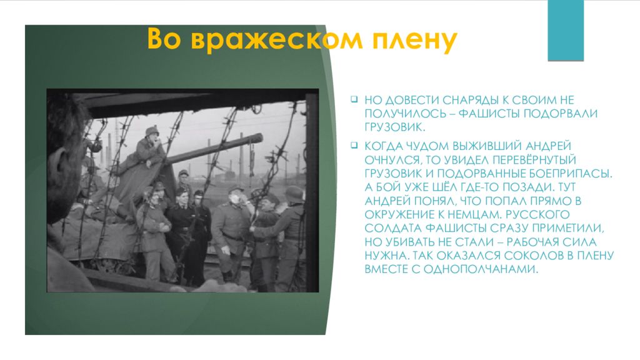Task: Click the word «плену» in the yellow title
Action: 416,40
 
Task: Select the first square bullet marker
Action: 353,99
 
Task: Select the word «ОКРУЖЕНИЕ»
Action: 396,214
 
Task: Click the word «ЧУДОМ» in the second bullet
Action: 425,146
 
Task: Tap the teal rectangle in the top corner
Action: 565,30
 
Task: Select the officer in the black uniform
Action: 182,231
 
